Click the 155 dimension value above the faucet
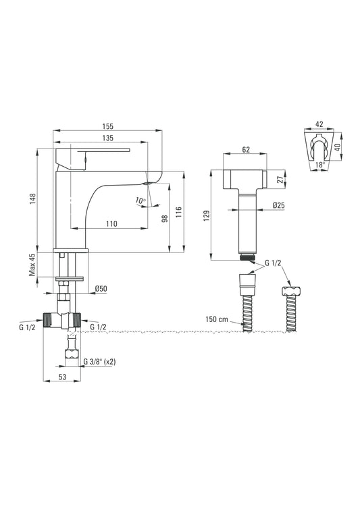pos(107,126)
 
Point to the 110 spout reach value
pos(112,223)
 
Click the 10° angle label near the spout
pos(139,200)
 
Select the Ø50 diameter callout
pos(101,288)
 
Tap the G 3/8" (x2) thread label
pos(100,362)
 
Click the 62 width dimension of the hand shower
pos(245,150)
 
